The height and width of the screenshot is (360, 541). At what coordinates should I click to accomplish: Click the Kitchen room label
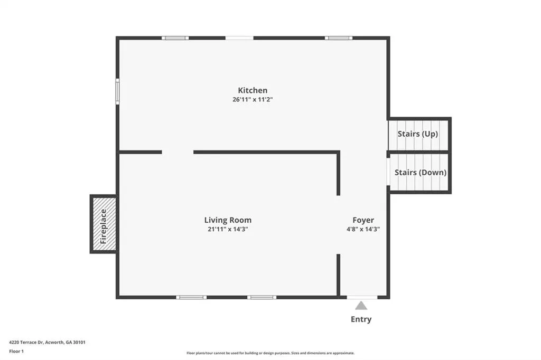coord(253,90)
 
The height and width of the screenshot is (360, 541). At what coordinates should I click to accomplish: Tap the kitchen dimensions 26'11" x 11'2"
coord(253,100)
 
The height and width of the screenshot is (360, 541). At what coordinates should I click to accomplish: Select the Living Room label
coord(228,220)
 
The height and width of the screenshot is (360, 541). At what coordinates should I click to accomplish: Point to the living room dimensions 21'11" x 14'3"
coord(228,229)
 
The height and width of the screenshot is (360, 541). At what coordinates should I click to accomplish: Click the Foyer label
coord(363,220)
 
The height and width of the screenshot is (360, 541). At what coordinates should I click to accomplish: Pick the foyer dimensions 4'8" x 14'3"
coord(363,229)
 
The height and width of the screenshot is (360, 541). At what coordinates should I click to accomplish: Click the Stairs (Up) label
coord(417,134)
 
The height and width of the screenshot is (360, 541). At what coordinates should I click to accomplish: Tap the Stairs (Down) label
coord(420,173)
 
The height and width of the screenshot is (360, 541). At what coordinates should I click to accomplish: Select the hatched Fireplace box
coord(104,224)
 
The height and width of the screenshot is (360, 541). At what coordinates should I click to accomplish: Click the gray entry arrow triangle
coord(361,306)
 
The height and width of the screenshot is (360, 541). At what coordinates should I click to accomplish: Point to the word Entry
coord(361,319)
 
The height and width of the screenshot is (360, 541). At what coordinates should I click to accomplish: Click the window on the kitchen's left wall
coord(117,91)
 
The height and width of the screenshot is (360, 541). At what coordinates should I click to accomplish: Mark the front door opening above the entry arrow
coord(362,297)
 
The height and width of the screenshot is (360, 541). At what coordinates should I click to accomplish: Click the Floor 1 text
coord(16,352)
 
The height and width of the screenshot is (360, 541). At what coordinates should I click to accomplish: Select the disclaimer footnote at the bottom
coord(270,353)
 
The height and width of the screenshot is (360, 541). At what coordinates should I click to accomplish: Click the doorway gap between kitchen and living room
coord(178,152)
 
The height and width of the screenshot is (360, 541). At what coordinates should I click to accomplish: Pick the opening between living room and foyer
coord(338,225)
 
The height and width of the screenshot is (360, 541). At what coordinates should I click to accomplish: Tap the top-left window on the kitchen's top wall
coord(175,38)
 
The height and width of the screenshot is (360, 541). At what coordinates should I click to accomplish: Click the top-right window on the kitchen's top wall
coord(339,38)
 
